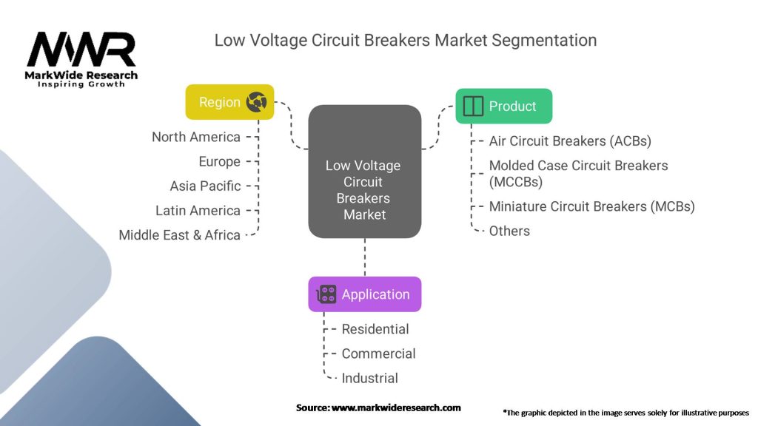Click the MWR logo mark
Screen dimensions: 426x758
81,50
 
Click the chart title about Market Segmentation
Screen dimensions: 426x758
405,40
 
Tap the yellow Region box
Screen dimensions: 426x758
229,102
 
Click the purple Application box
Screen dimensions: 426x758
365,294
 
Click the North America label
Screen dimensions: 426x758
196,137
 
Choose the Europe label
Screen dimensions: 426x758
219,161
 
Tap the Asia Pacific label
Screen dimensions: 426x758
205,186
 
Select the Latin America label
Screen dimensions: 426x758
198,211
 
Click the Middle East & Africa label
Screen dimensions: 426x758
180,235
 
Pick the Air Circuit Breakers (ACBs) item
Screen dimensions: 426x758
570,141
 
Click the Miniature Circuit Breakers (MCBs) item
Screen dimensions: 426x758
591,206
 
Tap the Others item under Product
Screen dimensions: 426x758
509,231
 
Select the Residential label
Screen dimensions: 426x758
375,329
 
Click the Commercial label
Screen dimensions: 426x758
378,354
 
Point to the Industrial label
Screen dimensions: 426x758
369,378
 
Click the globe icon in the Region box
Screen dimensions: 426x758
256,102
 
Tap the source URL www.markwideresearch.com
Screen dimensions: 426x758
396,408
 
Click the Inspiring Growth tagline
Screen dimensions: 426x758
81,84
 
